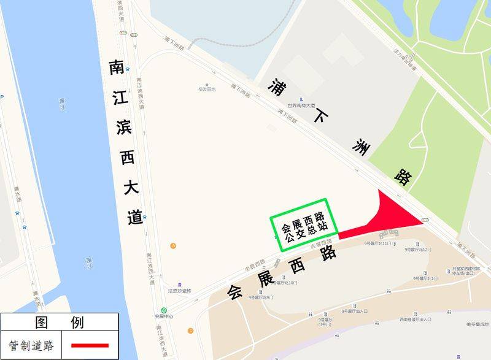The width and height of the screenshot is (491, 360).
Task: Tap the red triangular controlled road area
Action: [393, 216]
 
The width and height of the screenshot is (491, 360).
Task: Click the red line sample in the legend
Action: [90, 346]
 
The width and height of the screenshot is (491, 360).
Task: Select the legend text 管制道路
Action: [31, 346]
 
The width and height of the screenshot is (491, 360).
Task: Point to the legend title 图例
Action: [60, 322]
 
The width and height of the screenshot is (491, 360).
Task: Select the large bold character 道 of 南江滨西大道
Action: [134, 216]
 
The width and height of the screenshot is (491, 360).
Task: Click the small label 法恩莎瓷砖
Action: [180, 291]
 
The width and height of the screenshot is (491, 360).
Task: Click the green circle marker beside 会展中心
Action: [164, 310]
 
